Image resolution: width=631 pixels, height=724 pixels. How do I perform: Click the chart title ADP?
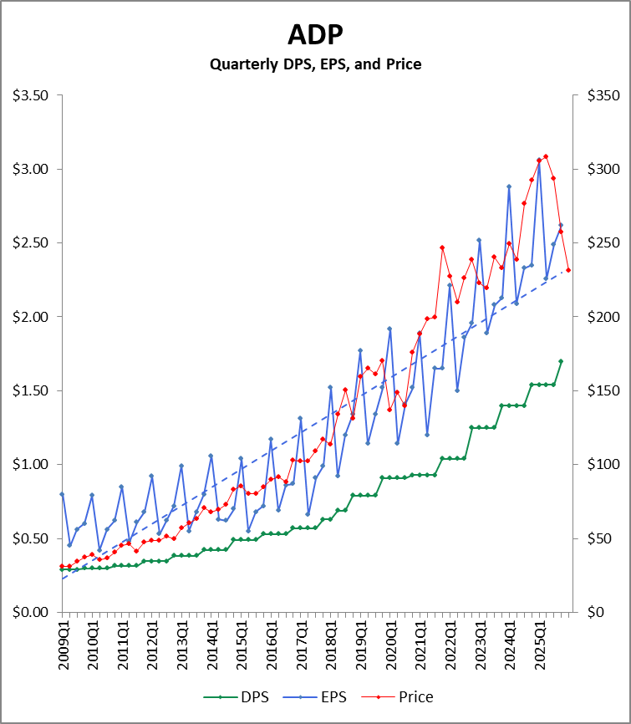tap(315, 34)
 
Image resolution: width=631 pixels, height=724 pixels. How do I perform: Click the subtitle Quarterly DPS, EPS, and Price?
tap(315, 64)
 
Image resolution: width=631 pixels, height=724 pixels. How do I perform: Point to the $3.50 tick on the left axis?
tap(30, 95)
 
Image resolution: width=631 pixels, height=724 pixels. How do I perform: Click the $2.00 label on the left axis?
tap(30, 317)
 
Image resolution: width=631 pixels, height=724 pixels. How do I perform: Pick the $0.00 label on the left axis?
tap(30, 612)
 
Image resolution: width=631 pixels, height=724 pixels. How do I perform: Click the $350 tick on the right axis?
tap(600, 95)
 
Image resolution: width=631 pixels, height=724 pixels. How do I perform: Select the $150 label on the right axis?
tap(600, 390)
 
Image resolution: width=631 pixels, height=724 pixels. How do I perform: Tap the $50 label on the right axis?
tap(598, 538)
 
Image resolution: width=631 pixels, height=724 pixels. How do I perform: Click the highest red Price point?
tap(546, 156)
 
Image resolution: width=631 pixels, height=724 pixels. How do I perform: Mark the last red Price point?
tap(568, 270)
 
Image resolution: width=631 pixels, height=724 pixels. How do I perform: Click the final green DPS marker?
tap(561, 361)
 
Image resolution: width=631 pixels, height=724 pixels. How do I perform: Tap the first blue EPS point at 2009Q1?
tap(62, 494)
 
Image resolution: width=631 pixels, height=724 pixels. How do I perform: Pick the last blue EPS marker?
tap(561, 225)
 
